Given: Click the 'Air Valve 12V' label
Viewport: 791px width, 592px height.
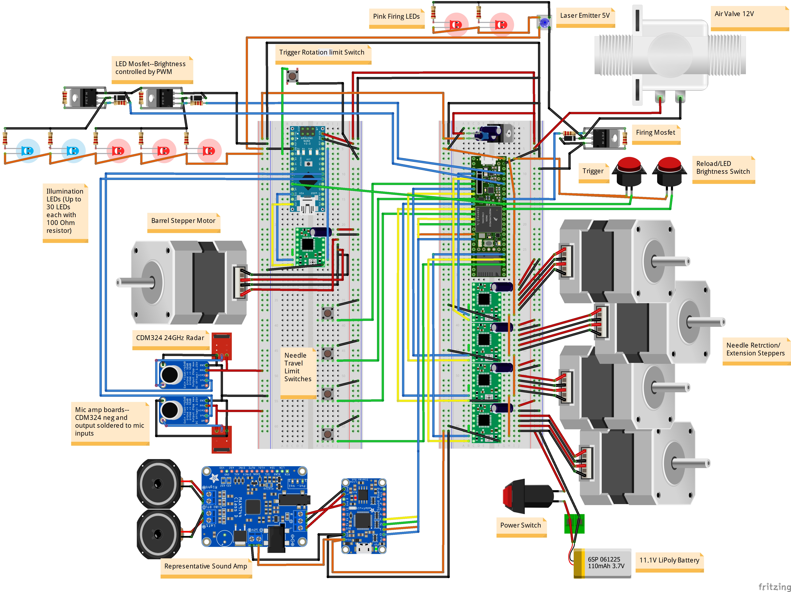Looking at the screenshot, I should (x=734, y=14).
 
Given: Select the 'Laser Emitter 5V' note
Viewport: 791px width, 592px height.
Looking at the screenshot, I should (x=585, y=16).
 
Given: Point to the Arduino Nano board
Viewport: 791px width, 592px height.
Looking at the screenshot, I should (x=308, y=168).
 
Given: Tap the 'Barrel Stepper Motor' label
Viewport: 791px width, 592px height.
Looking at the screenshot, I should (x=183, y=221).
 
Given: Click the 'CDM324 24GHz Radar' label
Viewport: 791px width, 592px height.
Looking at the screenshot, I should (x=170, y=338).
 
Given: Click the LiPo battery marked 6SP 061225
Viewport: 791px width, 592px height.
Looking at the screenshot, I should (x=603, y=563).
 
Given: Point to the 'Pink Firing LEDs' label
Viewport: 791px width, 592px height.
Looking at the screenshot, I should (x=396, y=16).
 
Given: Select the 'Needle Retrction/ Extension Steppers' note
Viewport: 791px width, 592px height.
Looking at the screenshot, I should (x=755, y=349).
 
